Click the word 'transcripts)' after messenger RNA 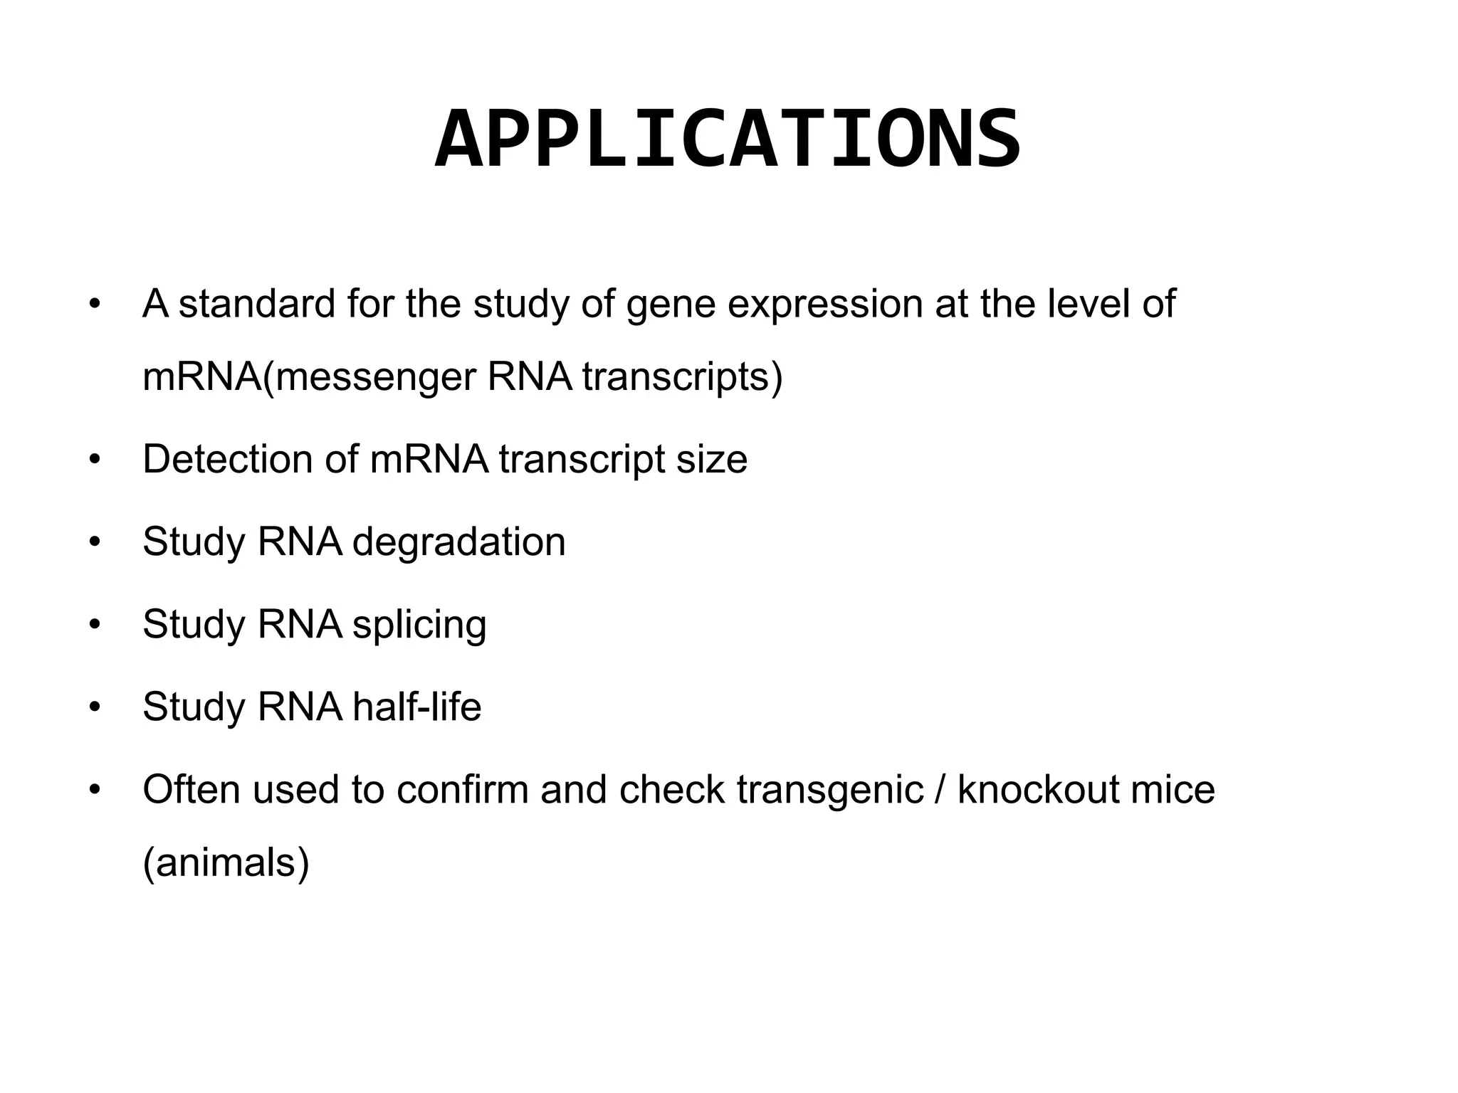tap(682, 378)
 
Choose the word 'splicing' tap(419, 625)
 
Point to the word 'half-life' tap(416, 707)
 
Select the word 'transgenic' tap(829, 791)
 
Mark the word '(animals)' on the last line tap(226, 863)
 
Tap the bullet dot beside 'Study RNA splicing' tap(95, 625)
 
